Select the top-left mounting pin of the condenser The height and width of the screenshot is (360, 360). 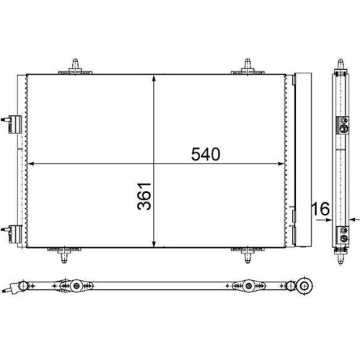[x=75, y=65]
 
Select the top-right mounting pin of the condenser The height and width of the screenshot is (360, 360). [x=247, y=65]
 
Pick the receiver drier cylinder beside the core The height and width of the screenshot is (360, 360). [x=302, y=158]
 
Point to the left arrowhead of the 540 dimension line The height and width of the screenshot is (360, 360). [x=30, y=164]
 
